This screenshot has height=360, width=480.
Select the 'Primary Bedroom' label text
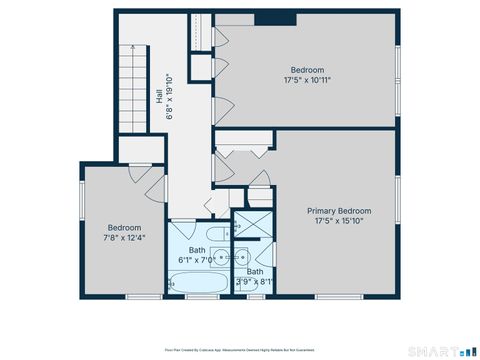[339, 211]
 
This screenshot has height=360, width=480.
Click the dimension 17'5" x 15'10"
[339, 222]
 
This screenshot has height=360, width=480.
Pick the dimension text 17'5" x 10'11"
[307, 80]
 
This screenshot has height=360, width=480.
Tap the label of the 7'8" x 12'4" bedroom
[124, 227]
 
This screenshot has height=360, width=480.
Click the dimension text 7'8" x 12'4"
[124, 238]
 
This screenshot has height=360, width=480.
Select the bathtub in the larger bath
[197, 285]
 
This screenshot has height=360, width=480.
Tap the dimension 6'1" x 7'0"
[196, 259]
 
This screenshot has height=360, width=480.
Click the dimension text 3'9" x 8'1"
[254, 282]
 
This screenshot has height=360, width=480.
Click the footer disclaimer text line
[240, 351]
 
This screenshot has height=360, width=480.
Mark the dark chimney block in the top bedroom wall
[275, 18]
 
